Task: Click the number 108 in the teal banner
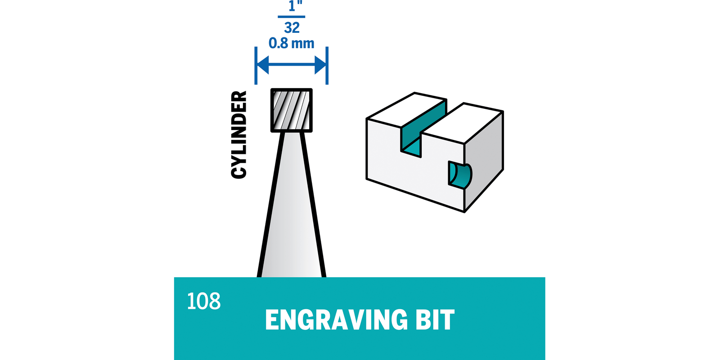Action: click(203, 301)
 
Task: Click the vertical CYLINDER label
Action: click(239, 135)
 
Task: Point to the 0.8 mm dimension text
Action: click(291, 43)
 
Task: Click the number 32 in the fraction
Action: click(292, 28)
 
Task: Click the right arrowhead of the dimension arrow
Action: click(320, 65)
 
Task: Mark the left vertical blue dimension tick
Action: click(256, 65)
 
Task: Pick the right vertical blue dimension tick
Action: click(327, 65)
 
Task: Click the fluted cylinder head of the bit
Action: click(291, 110)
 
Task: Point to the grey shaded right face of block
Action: click(484, 157)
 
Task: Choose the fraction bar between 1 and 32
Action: click(292, 17)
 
